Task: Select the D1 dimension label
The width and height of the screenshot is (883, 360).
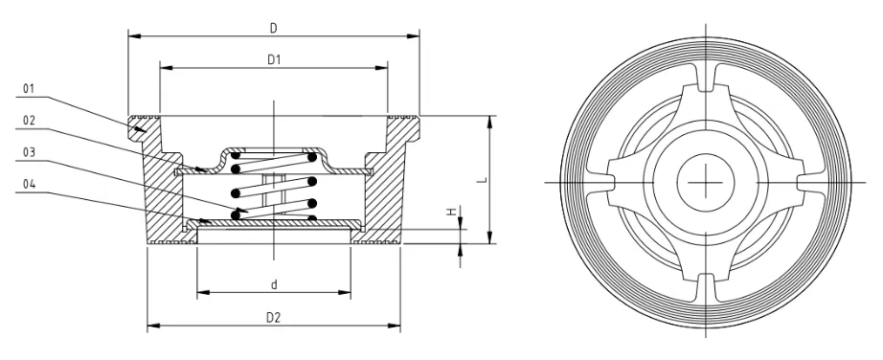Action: pyautogui.click(x=274, y=58)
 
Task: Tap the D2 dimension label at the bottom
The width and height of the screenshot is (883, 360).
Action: pyautogui.click(x=274, y=316)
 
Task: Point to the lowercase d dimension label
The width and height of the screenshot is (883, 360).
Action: pyautogui.click(x=274, y=282)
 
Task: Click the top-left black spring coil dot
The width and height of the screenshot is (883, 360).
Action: pyautogui.click(x=236, y=155)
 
